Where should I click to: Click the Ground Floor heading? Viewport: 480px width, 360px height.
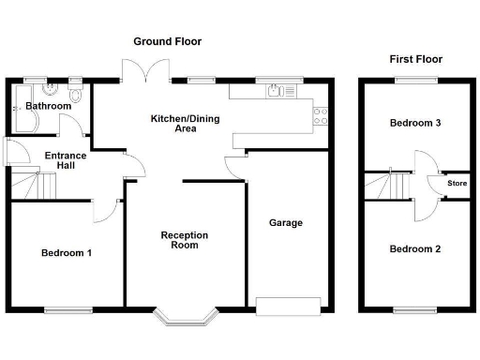167,41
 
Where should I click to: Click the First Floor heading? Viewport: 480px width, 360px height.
416,59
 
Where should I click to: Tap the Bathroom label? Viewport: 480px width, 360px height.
48,106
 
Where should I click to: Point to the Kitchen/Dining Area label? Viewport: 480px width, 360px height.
178,124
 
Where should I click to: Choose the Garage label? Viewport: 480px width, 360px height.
286,223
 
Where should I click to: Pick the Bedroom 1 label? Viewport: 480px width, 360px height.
66,253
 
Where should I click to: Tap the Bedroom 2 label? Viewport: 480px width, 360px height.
414,249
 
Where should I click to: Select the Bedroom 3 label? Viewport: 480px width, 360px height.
414,124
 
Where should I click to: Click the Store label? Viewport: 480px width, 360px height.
457,184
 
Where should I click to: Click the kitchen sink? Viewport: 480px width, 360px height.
277,91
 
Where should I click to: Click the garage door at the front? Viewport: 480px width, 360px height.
287,306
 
